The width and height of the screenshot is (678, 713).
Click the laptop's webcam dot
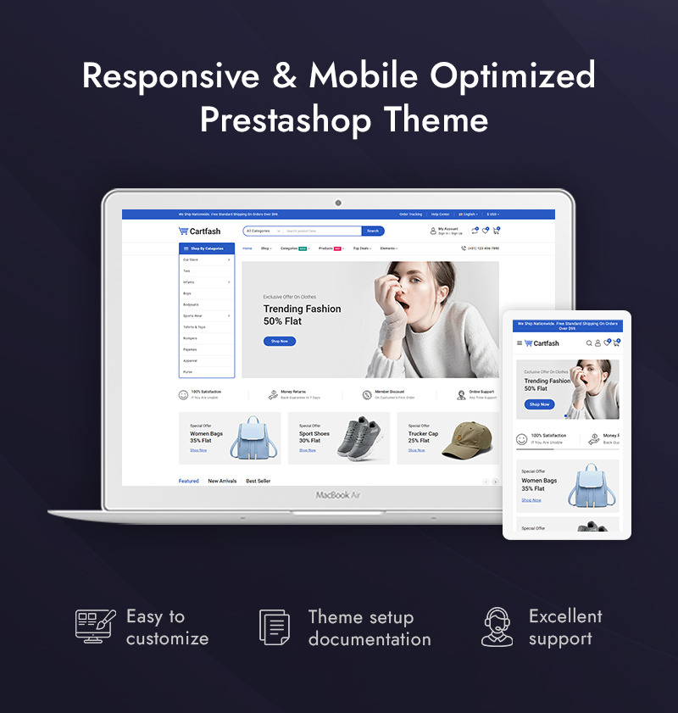338,203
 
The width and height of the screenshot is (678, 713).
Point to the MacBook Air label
338,495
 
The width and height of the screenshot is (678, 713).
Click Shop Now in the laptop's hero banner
280,341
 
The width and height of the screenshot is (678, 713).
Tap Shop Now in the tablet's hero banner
540,404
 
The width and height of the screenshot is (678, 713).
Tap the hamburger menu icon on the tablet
520,343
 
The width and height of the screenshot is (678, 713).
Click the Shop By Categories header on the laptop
207,248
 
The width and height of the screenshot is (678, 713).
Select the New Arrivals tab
222,481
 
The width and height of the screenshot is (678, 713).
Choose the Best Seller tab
258,481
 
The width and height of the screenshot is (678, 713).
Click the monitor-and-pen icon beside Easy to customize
94,627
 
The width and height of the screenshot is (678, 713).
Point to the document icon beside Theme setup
275,627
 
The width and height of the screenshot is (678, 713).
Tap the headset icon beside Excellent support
497,627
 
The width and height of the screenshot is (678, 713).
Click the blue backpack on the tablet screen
587,487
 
